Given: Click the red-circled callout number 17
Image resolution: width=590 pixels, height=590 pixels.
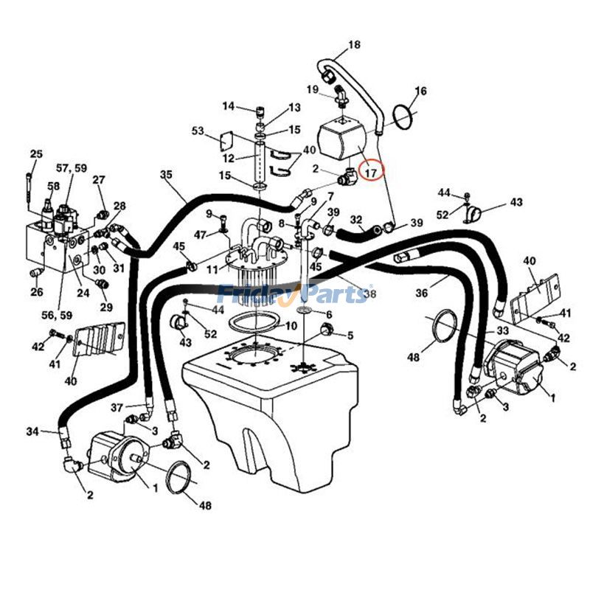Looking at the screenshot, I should pyautogui.click(x=371, y=173).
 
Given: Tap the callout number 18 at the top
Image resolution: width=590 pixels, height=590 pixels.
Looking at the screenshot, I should pyautogui.click(x=354, y=45).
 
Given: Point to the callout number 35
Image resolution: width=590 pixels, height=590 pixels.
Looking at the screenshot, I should pyautogui.click(x=166, y=175).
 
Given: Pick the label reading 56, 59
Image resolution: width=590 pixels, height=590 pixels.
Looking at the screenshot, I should pyautogui.click(x=57, y=315).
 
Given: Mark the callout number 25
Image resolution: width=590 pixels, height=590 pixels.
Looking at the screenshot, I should pyautogui.click(x=36, y=154).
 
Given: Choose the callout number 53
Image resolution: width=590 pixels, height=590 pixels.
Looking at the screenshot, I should pyautogui.click(x=198, y=131).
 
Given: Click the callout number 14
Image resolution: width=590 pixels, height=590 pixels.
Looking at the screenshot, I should pyautogui.click(x=228, y=106).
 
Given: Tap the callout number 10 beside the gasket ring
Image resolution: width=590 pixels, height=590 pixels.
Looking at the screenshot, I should pyautogui.click(x=291, y=325).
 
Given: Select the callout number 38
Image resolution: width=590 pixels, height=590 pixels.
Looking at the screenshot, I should pyautogui.click(x=369, y=294).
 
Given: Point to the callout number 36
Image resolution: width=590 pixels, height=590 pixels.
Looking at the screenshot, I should pyautogui.click(x=422, y=293).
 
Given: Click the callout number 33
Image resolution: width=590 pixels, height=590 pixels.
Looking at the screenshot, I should pyautogui.click(x=502, y=331).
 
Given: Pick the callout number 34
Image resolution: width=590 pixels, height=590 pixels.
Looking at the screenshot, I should pyautogui.click(x=32, y=431).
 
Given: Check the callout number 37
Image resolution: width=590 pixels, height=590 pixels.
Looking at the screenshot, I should pyautogui.click(x=117, y=407).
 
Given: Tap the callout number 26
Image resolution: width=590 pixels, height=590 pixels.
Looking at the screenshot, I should pyautogui.click(x=37, y=291).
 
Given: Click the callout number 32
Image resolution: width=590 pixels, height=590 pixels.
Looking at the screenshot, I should pyautogui.click(x=356, y=219).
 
